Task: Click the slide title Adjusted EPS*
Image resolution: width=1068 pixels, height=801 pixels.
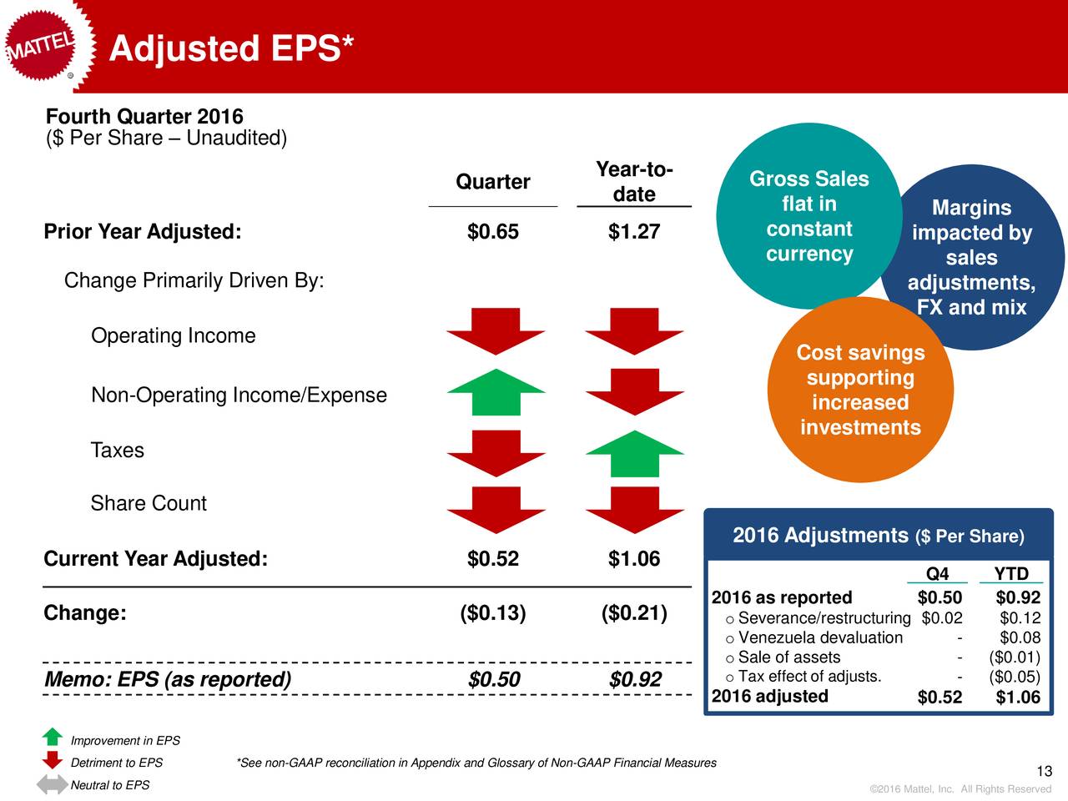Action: coord(231,48)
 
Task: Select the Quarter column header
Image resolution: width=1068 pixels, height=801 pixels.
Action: coord(492,182)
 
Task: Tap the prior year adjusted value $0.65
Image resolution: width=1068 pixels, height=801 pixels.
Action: coord(492,232)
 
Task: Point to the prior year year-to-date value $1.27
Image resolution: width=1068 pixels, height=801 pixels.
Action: coord(633,232)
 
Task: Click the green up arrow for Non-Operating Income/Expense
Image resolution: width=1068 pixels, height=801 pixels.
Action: coord(496,391)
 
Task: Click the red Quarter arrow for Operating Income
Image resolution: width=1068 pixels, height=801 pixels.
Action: coord(496,330)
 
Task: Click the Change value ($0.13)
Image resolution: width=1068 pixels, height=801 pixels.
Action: coord(492,613)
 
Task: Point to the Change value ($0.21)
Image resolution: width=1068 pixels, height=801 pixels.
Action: coord(633,613)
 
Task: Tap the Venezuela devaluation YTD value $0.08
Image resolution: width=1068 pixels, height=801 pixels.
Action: coord(1020,638)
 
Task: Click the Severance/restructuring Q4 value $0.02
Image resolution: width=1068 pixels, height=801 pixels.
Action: coord(942,618)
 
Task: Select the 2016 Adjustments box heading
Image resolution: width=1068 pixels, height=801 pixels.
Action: coord(878,535)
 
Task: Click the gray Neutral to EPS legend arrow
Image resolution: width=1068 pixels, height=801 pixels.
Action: coord(52,784)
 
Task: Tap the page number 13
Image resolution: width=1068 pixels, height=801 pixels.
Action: coord(1044,771)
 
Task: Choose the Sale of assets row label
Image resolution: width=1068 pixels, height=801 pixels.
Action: coord(788,657)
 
